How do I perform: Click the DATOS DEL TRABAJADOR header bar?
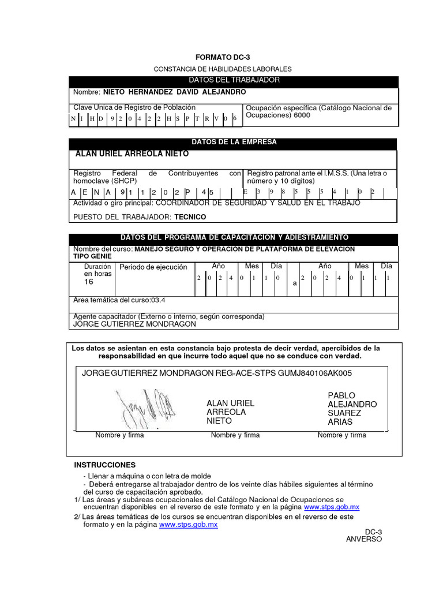[x=234, y=80]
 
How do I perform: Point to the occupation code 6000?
[x=301, y=115]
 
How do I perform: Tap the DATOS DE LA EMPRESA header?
[x=234, y=142]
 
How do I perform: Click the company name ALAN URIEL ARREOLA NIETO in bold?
[x=132, y=154]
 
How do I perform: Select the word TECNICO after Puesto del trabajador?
[x=190, y=217]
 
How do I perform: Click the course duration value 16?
[x=89, y=282]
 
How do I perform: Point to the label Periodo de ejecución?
[x=153, y=267]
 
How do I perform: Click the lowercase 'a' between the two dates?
[x=295, y=283]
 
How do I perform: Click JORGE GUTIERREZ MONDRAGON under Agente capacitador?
[x=134, y=324]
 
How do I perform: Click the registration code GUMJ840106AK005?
[x=315, y=373]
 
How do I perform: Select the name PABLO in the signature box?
[x=341, y=395]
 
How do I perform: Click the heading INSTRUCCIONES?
[x=105, y=465]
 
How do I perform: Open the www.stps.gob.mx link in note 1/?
[x=332, y=507]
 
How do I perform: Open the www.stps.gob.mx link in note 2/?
[x=189, y=525]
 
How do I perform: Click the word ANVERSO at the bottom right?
[x=363, y=539]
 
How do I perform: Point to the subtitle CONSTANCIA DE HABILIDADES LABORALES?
[x=223, y=69]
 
